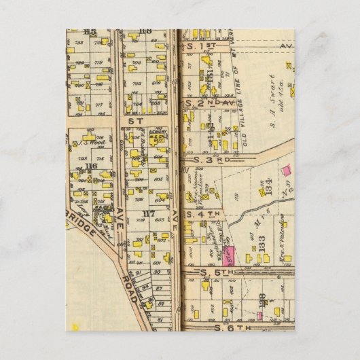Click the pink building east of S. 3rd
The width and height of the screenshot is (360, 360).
tap(285, 168)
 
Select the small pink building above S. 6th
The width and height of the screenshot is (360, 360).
tap(259, 315)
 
